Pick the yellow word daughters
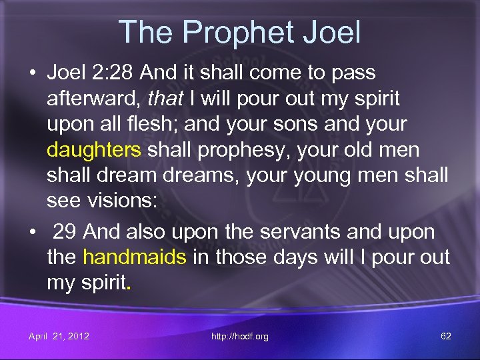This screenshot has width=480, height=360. point(94,150)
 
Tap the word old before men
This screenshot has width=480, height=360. point(356,150)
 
